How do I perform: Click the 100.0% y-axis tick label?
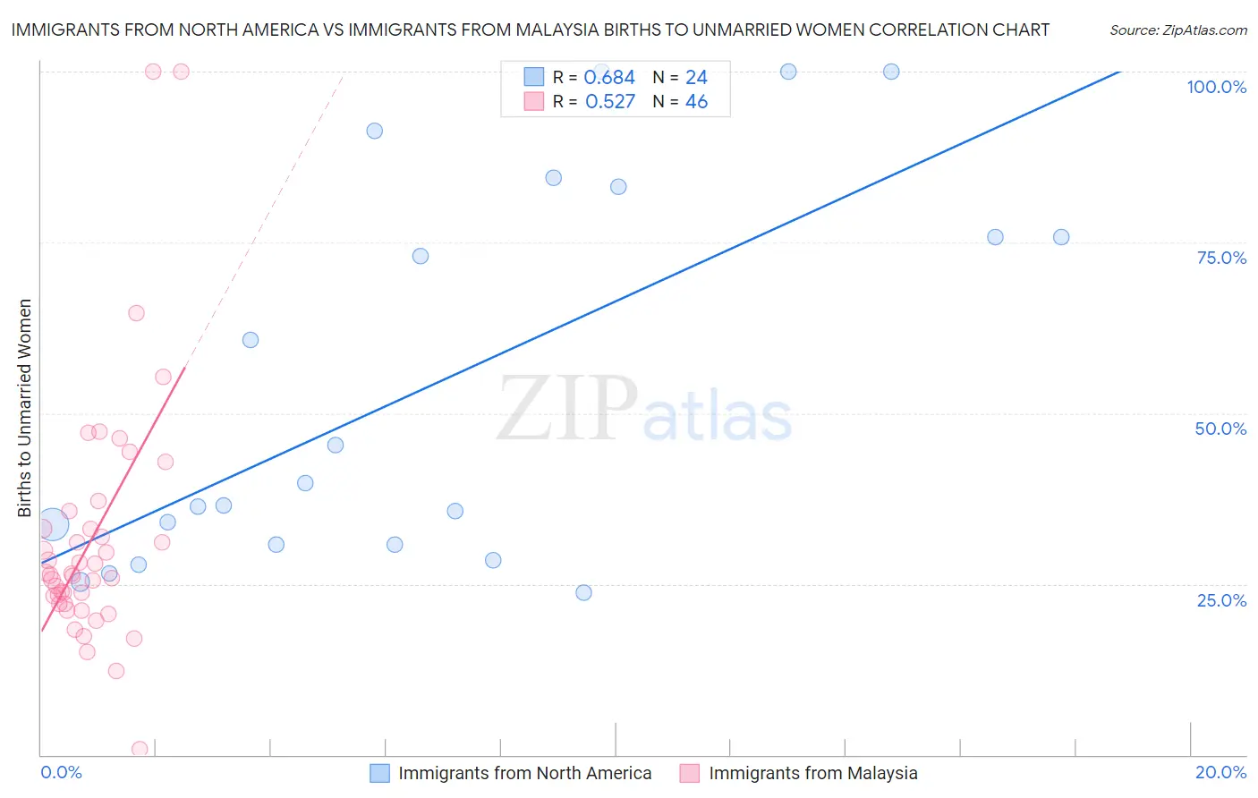[1216, 87]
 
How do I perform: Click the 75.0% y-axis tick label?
[1221, 258]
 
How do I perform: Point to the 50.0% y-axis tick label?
[1220, 429]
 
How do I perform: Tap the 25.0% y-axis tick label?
[1221, 600]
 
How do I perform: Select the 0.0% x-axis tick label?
[61, 772]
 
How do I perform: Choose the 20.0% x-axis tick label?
[1220, 772]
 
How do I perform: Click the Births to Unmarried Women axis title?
[24, 408]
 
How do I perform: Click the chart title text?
[530, 30]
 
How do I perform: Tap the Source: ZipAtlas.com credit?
[1177, 30]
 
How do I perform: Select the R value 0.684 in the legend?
[609, 78]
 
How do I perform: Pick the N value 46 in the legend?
[696, 102]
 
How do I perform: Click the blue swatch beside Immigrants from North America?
[379, 773]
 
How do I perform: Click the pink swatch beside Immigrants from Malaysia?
[689, 773]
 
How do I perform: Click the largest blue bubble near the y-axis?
[52, 525]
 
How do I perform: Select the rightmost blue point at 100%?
[891, 72]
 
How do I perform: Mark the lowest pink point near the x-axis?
[140, 749]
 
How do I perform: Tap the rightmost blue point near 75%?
[1061, 237]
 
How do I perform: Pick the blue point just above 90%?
[375, 131]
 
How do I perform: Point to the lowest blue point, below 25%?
[584, 592]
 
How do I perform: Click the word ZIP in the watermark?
[566, 409]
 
